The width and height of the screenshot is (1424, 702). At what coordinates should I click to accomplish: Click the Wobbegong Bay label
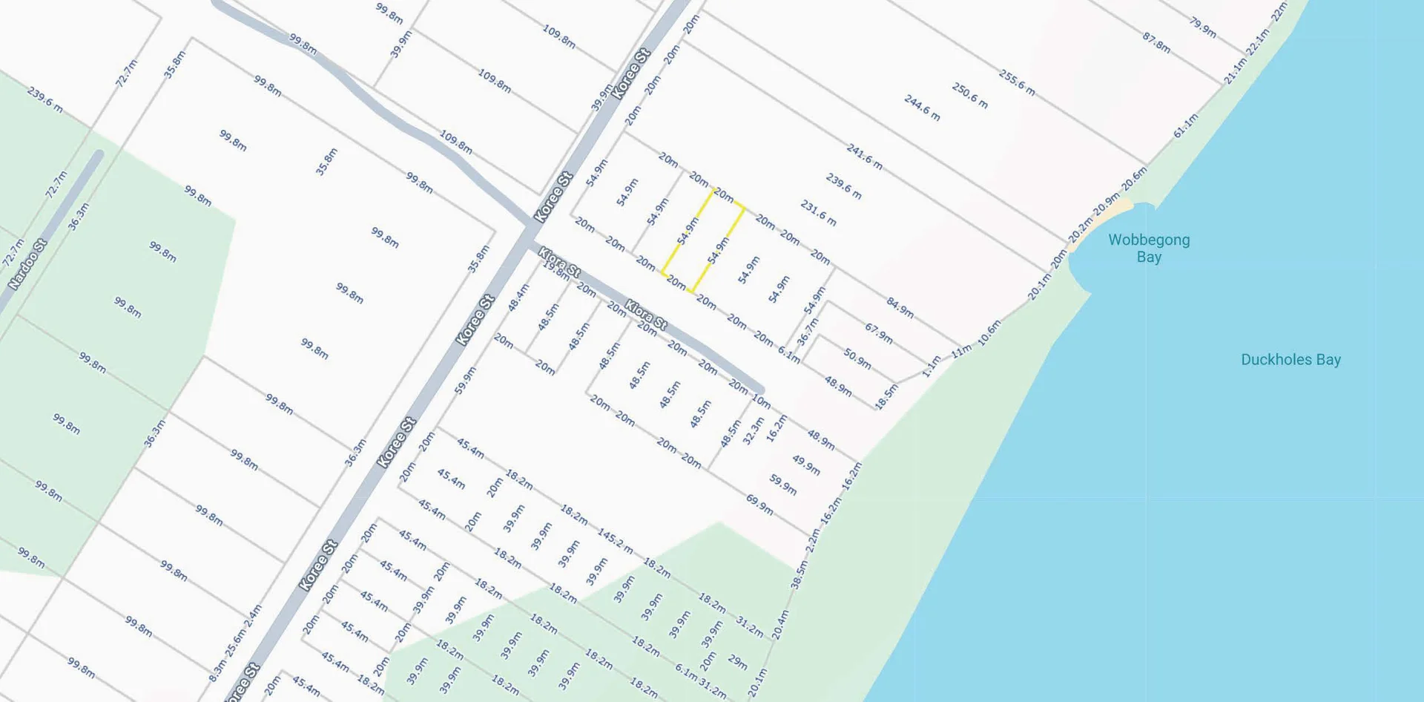click(1149, 248)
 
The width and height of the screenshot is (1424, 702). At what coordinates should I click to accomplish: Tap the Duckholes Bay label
click(1290, 360)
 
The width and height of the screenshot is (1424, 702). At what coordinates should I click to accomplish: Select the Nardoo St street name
click(28, 264)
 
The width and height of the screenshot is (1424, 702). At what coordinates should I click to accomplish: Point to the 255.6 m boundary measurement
click(1016, 82)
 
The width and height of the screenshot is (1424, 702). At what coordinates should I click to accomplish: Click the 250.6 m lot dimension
click(969, 96)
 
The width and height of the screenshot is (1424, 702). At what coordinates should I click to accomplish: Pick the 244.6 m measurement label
click(922, 108)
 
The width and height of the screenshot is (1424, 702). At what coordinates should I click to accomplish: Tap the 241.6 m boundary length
click(864, 157)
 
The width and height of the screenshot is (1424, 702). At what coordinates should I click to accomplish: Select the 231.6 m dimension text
click(818, 213)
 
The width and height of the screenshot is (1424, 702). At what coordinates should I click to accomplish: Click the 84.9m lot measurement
click(900, 307)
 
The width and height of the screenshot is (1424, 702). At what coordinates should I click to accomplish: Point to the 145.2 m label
click(615, 541)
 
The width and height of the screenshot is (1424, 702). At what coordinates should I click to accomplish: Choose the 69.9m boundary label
click(759, 505)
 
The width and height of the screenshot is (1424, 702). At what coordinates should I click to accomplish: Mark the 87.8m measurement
click(1156, 42)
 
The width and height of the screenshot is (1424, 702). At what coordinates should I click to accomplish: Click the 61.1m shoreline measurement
click(1185, 125)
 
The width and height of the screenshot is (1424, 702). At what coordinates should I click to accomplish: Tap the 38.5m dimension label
click(800, 574)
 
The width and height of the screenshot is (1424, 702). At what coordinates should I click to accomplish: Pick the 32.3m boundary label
click(753, 430)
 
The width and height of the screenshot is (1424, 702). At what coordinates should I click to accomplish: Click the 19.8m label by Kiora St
click(556, 271)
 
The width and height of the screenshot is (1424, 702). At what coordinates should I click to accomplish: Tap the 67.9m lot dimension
click(878, 332)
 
